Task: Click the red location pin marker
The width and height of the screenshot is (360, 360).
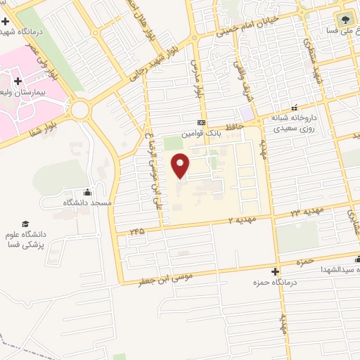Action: (181, 166)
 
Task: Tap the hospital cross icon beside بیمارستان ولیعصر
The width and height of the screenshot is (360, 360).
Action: (76, 82)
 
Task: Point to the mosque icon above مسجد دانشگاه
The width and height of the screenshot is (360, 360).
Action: (87, 192)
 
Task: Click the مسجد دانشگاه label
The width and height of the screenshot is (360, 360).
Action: (88, 202)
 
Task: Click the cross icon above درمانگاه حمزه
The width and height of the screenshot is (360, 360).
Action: (276, 271)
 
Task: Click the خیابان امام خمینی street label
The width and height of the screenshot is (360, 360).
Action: (247, 26)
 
